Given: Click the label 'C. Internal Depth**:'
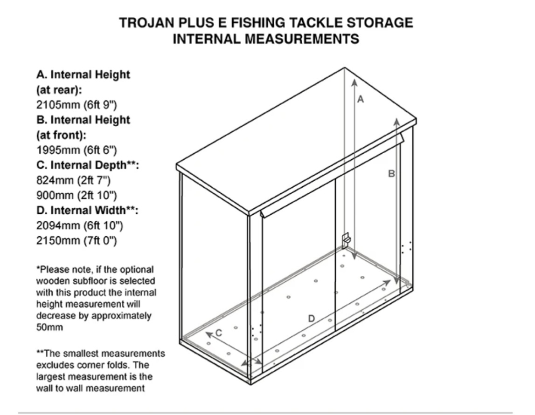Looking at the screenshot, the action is point(88,165).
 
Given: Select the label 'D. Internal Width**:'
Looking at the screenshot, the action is point(87,210).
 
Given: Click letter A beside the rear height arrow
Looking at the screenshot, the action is point(360,99).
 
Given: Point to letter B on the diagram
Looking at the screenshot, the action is point(391,174).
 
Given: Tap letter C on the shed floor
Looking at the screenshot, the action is point(219,333).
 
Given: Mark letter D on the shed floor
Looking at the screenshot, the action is point(311,319).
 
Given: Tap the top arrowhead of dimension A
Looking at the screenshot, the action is point(354,82).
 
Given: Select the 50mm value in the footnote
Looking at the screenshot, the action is point(50,327).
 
